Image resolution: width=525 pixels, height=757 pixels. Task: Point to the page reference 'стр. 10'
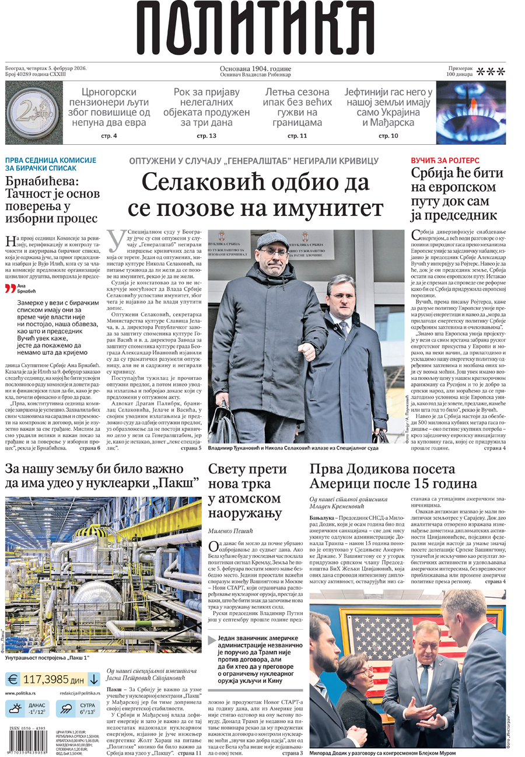tap(388, 136)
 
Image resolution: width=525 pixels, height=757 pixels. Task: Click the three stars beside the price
tap(491, 72)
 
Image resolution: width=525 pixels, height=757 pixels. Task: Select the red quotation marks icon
tap(10, 288)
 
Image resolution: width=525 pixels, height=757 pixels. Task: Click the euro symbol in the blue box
tap(12, 679)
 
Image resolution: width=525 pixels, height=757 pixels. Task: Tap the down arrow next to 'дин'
tap(93, 679)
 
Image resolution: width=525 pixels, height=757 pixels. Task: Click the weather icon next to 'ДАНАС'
tap(14, 709)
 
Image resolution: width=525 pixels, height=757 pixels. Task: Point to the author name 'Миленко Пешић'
tap(233, 531)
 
